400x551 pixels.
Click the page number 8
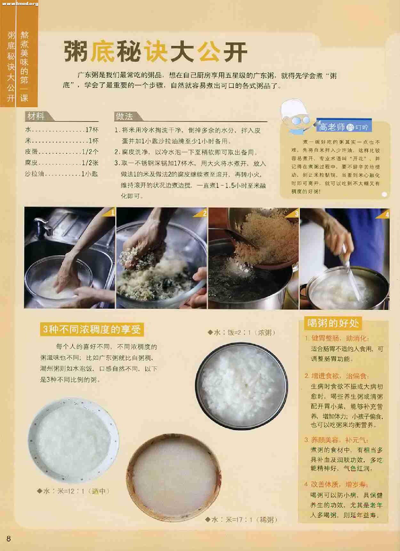coord(9,539)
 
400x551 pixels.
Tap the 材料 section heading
coord(36,116)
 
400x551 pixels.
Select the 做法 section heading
coord(124,116)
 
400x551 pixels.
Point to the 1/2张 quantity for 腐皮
coord(90,163)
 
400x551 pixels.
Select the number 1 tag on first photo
coord(112,213)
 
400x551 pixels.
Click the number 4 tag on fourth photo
coord(387,215)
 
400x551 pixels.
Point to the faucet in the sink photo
coord(43,225)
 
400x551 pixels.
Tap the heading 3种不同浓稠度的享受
coord(92,329)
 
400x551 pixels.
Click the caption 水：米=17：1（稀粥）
coord(241,520)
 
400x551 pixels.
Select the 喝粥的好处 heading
coord(333,323)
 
